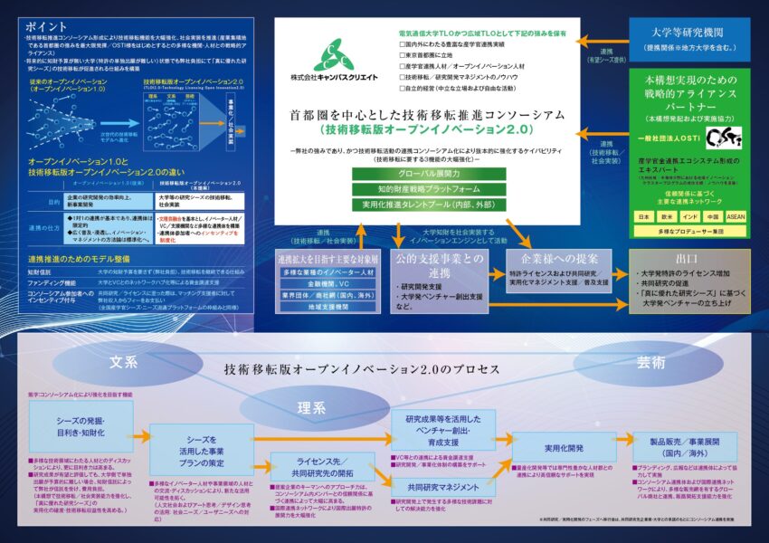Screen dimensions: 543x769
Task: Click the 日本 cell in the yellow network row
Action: click(x=643, y=217)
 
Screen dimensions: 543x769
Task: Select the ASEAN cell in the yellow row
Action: click(x=734, y=217)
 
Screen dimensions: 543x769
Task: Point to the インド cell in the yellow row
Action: click(x=688, y=217)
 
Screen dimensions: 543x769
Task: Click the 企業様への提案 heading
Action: click(x=554, y=257)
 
